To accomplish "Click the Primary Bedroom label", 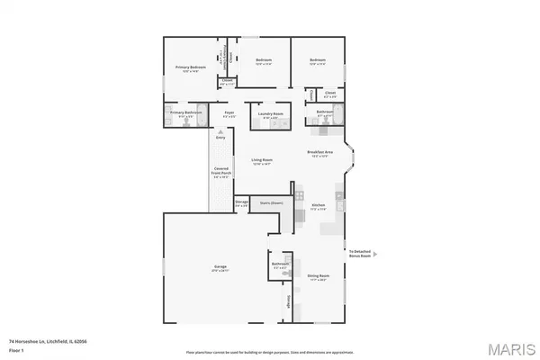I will click(x=193, y=68).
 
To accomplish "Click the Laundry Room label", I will click(x=271, y=114).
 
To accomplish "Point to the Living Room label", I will click(x=262, y=160).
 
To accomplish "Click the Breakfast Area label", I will click(x=320, y=152).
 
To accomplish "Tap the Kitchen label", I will click(x=318, y=206).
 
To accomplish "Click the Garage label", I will click(x=220, y=267).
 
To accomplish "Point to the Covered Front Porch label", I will click(x=220, y=171).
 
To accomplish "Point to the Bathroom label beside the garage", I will click(x=279, y=265).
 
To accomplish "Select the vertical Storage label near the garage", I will click(x=289, y=301).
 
